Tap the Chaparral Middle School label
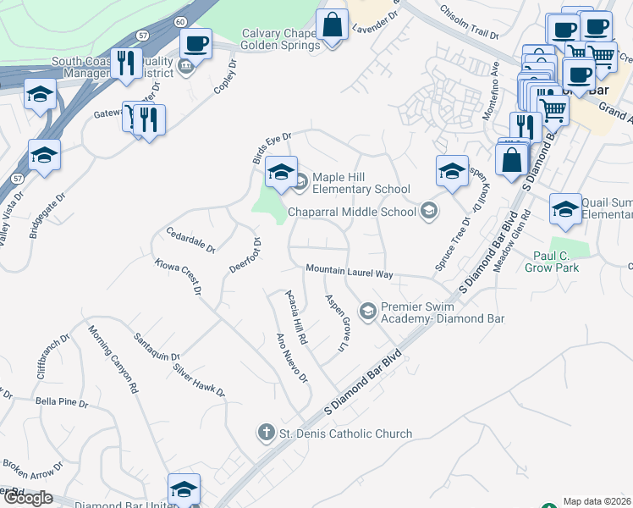tap(353, 211)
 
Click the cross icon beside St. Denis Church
tap(266, 433)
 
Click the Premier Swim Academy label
tap(442, 313)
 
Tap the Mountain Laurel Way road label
tap(350, 272)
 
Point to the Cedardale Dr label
tap(191, 240)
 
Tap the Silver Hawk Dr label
tap(199, 381)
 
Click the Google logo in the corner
tap(27, 498)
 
